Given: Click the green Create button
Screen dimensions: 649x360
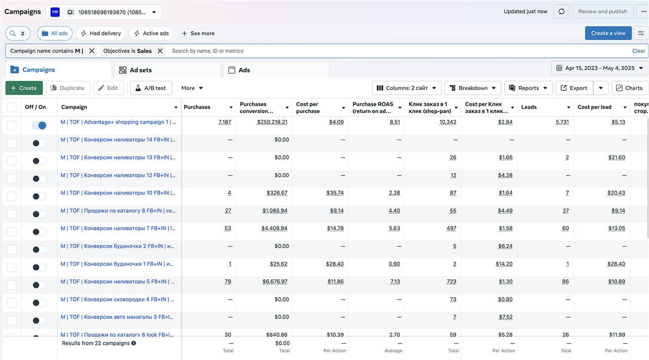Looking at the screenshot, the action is pos(24,88).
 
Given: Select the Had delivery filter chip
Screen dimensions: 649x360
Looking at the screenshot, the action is pos(100,33).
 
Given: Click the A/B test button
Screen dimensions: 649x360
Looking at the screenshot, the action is pos(151,88).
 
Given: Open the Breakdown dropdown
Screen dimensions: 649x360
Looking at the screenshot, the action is pos(473,88).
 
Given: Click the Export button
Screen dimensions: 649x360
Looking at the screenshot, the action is pos(574,88).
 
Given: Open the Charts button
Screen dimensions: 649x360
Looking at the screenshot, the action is pos(629,88).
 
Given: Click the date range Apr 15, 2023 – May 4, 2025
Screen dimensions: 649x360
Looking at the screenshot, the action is pos(600,68).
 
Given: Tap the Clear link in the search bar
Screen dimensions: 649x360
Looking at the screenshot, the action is pos(638,51).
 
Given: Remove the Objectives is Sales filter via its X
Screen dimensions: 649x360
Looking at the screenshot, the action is pos(160,51).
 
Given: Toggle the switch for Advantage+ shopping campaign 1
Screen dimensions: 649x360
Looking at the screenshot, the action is pos(39,126).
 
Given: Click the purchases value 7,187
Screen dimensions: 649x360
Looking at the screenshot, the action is pos(224,122).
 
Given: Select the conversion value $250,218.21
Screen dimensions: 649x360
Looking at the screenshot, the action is pos(272,122).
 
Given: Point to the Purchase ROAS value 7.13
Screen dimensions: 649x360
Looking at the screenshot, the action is pos(395,281).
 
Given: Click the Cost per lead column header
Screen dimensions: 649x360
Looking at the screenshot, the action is pos(594,107).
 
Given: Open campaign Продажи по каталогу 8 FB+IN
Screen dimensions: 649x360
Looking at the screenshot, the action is pos(118,211).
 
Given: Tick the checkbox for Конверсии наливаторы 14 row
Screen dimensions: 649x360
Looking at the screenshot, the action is pos(12,143).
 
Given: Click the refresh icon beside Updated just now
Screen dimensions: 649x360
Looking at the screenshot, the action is pos(561,12).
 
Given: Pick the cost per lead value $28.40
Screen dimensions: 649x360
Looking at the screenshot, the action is pos(616,264).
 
